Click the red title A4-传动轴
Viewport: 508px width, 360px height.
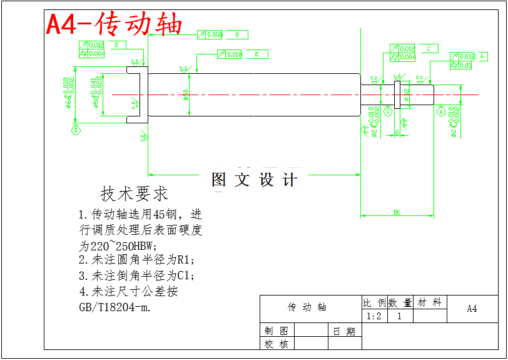pos(114,24)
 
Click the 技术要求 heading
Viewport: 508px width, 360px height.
pos(134,193)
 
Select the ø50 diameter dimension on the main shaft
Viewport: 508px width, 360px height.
pos(186,95)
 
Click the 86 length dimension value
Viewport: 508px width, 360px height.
pos(397,213)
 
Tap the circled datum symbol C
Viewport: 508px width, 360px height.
pos(388,111)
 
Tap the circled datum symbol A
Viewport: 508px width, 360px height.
pos(440,112)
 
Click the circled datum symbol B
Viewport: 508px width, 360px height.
pos(75,130)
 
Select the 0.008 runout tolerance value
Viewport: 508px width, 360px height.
pos(214,35)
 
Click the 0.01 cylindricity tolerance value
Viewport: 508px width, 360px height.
pos(465,65)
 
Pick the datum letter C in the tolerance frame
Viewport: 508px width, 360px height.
pos(429,48)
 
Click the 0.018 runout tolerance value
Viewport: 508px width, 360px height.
pos(234,54)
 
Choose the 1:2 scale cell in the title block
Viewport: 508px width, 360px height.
pos(374,316)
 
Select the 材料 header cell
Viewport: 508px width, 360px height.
pos(430,302)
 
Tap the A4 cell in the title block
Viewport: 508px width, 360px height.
pos(472,309)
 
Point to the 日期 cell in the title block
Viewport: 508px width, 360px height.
pos(344,331)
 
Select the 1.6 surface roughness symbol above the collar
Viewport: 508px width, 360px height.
pos(397,76)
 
